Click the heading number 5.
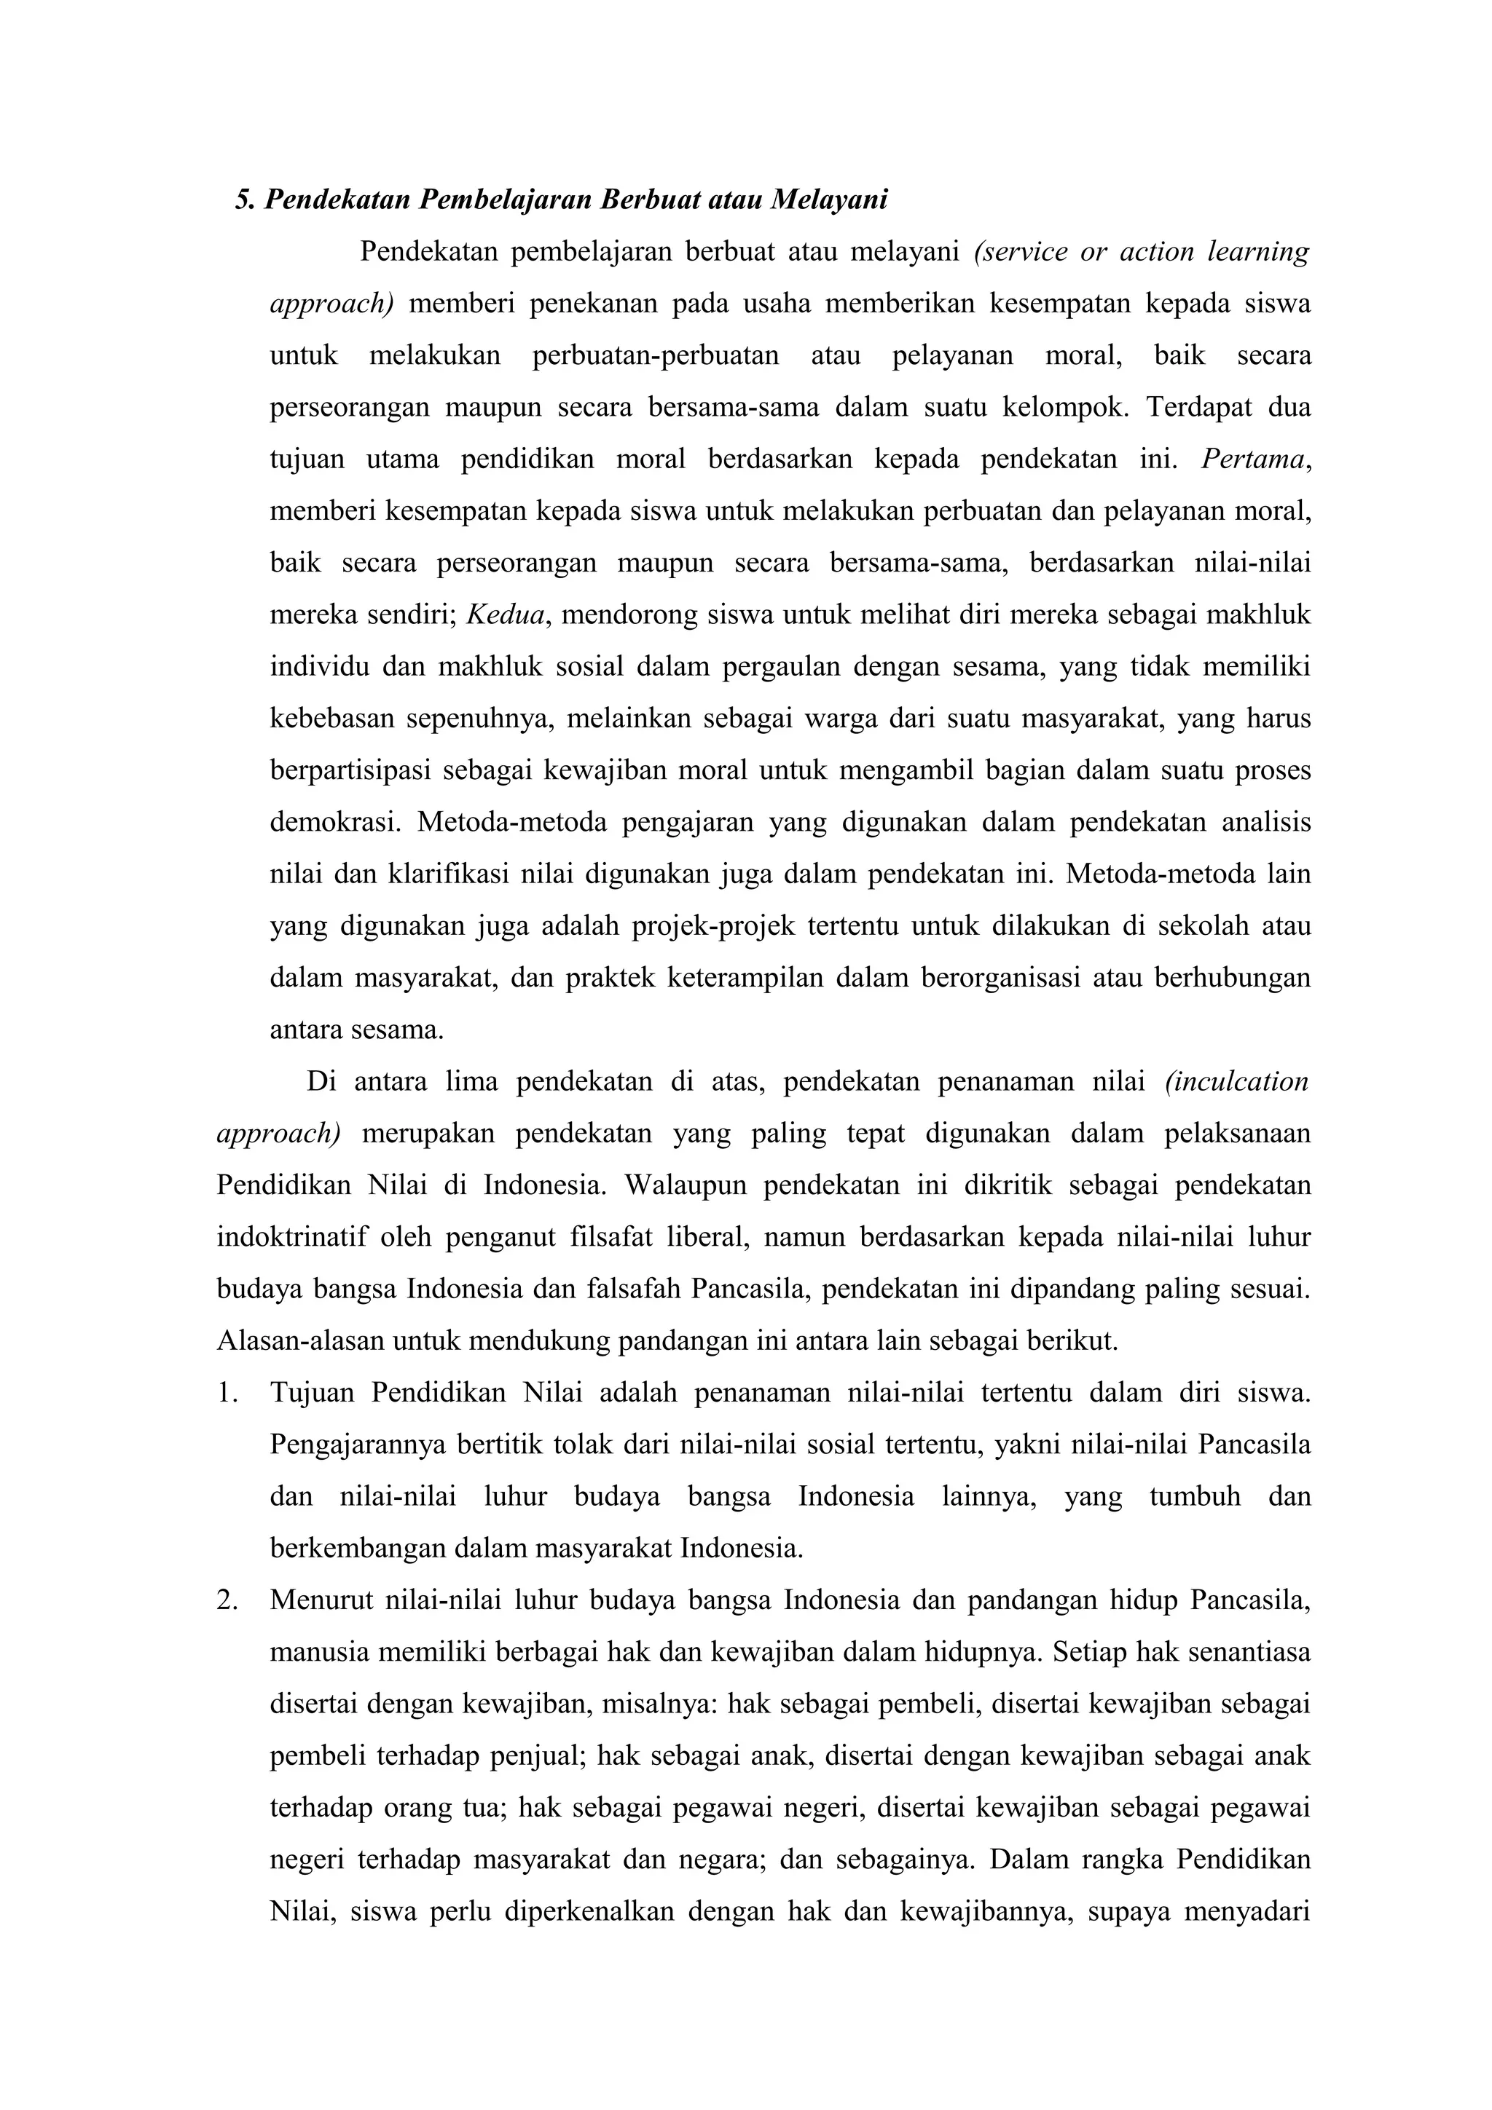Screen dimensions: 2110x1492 click(x=243, y=199)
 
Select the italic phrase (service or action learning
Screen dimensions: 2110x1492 click(x=1140, y=252)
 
